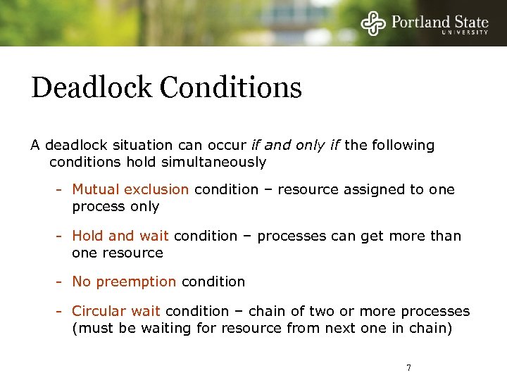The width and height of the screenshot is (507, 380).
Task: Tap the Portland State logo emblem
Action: click(374, 23)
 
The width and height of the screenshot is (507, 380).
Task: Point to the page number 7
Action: click(408, 367)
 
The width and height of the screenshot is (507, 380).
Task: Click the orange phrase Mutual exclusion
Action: click(130, 189)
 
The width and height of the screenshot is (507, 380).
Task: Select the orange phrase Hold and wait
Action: click(120, 236)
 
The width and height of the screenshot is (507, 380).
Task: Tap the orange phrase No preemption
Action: click(124, 281)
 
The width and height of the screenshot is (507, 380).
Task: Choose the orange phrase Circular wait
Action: click(116, 311)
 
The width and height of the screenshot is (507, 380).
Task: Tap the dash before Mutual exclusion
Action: click(62, 189)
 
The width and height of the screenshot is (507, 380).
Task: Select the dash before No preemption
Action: click(62, 281)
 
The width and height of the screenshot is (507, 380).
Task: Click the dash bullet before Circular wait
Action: click(62, 311)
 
